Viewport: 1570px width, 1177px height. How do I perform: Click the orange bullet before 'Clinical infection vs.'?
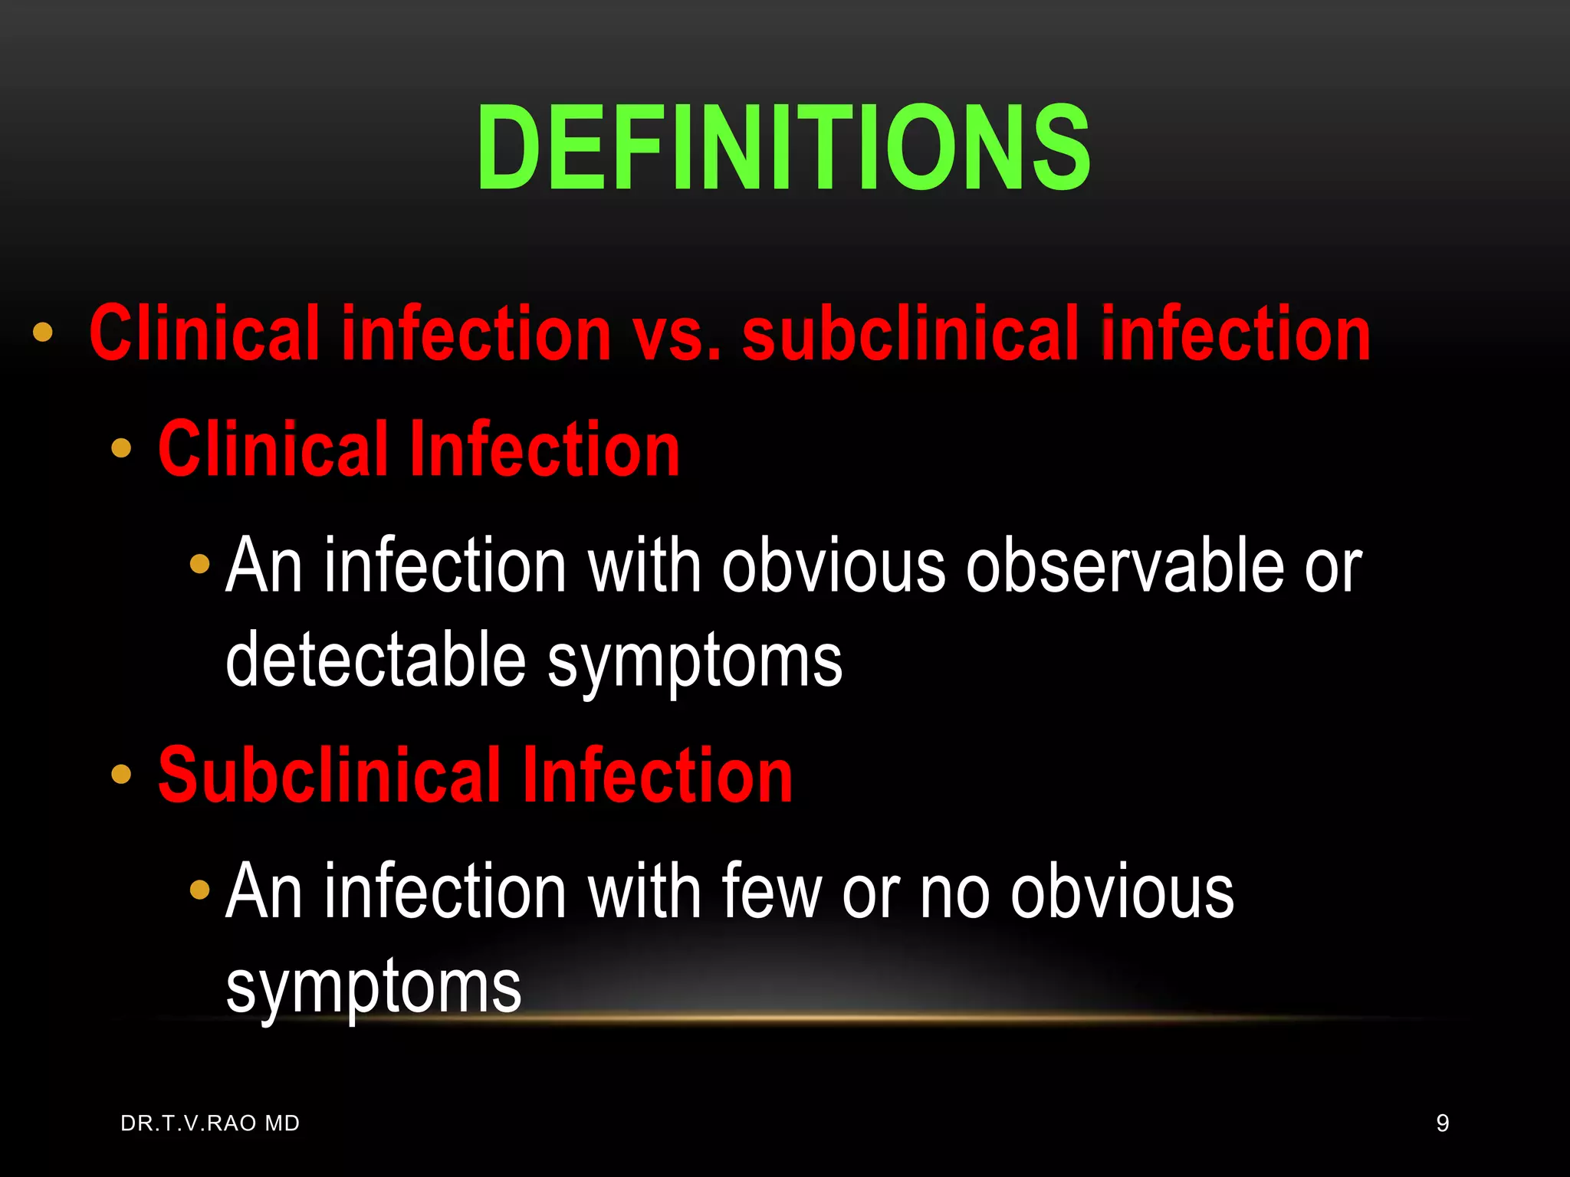point(43,332)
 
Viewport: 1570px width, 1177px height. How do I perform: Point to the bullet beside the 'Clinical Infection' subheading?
point(121,448)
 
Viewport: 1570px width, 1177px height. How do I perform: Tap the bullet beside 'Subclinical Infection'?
point(121,774)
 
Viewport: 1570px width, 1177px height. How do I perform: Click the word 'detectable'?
point(376,661)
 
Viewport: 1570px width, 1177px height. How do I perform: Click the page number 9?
point(1442,1123)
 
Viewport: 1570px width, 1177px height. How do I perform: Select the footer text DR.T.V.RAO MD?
point(210,1123)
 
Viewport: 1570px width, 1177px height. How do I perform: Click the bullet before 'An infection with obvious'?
point(199,565)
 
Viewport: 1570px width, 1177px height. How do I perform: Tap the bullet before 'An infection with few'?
point(199,890)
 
